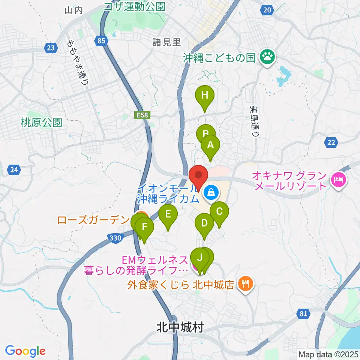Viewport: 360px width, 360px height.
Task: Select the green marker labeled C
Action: point(219,211)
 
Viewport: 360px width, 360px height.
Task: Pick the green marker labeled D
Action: point(204,223)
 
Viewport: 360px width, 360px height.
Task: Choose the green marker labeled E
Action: point(168,214)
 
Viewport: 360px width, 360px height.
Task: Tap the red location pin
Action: point(198,175)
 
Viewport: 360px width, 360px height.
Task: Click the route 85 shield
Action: point(100,42)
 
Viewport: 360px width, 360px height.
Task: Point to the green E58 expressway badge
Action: point(142,116)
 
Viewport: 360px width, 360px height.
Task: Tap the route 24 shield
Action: point(14,170)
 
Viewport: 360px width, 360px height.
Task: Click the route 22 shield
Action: point(331,142)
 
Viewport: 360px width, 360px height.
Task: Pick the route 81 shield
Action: point(304,314)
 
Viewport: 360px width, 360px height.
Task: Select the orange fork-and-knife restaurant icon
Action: point(245,283)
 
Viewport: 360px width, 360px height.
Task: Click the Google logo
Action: point(25,351)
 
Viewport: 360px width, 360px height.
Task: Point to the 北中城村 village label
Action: point(180,328)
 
